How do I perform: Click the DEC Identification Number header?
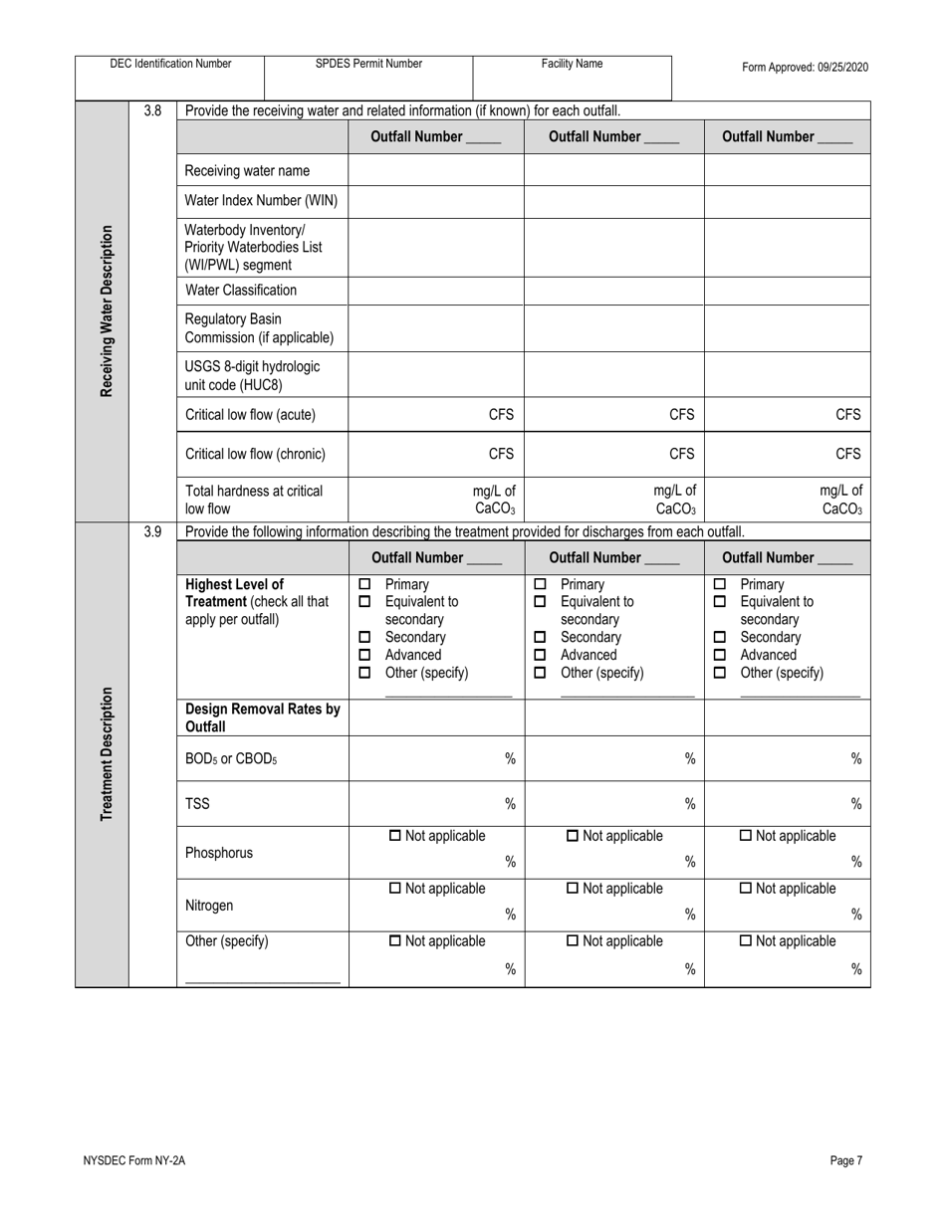[x=170, y=64]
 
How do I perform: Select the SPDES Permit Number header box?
[x=368, y=64]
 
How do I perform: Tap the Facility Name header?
[x=572, y=64]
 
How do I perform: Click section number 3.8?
[x=152, y=110]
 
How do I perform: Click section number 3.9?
[x=152, y=531]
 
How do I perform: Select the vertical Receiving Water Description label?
[x=106, y=311]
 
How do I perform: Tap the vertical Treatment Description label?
[x=106, y=754]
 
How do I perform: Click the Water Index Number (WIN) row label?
[x=261, y=201]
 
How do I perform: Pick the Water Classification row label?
[x=241, y=291]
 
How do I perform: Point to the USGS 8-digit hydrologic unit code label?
[x=253, y=375]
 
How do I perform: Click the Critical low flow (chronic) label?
[x=255, y=455]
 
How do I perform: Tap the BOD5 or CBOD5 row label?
[x=231, y=759]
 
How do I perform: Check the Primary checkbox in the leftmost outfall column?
[x=364, y=584]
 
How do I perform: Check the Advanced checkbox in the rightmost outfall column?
[x=720, y=655]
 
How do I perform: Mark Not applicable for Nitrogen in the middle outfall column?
[x=573, y=889]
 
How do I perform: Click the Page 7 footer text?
[x=845, y=1160]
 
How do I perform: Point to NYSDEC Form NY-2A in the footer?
[x=134, y=1160]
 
